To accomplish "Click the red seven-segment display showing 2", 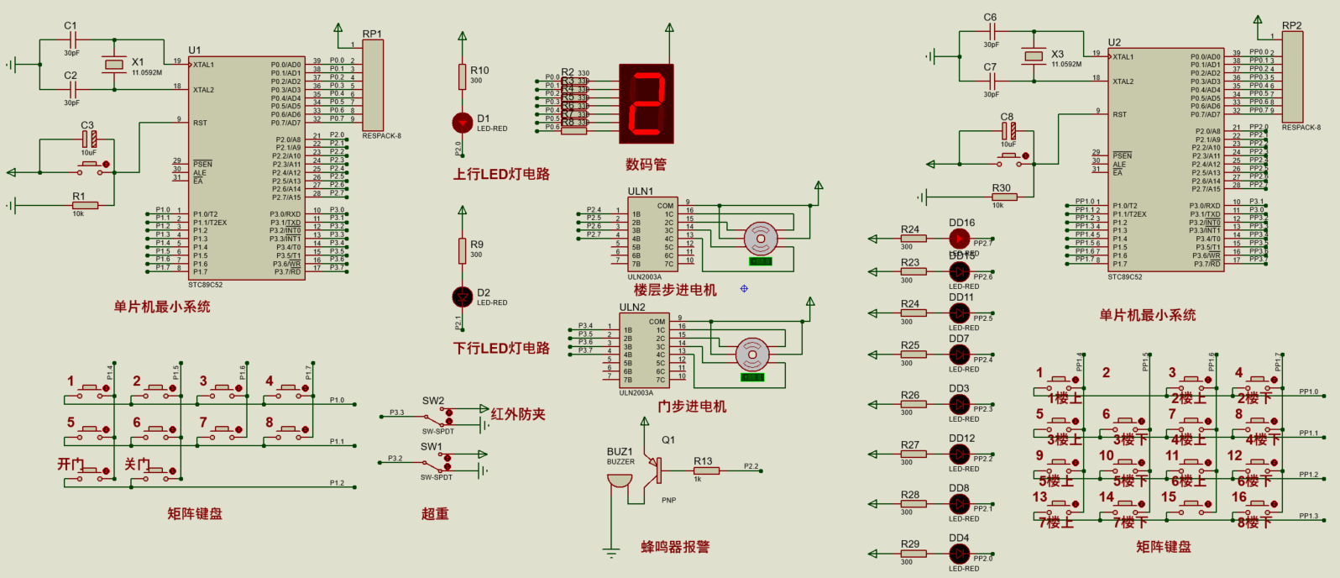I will (x=646, y=103).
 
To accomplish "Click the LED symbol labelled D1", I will (x=462, y=123).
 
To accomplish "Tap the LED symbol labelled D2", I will (x=462, y=297).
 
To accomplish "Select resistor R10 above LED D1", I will (x=462, y=77).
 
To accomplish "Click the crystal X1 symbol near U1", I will (x=113, y=65).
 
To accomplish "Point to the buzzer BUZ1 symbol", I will (x=620, y=481).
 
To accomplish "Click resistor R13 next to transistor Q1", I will (x=705, y=470).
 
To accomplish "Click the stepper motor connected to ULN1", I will (x=761, y=239).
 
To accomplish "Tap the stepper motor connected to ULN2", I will (x=752, y=355).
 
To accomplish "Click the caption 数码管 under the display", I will (x=646, y=165).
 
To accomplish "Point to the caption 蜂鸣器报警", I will (x=675, y=547).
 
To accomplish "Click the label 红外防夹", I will (x=518, y=414).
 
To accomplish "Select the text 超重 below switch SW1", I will (x=435, y=513).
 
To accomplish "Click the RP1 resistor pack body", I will (x=372, y=85).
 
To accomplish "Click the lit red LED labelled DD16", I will (x=959, y=239).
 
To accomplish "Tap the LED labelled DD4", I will (x=959, y=554).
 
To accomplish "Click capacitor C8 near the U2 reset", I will (x=1008, y=130).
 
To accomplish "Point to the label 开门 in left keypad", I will (x=71, y=465).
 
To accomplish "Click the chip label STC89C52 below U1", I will (x=205, y=285).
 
